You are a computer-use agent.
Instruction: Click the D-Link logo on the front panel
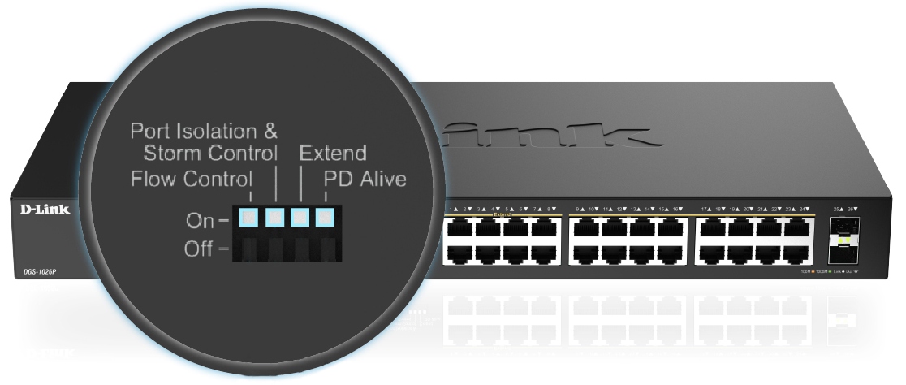(45, 210)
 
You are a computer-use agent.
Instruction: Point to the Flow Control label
(192, 179)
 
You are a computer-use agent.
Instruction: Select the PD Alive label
(365, 179)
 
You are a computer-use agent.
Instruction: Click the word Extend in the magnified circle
(333, 153)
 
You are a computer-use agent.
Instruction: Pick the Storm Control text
(210, 153)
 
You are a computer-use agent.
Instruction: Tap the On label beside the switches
(200, 219)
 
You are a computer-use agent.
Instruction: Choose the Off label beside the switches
(199, 249)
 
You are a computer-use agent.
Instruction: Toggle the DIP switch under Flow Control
(248, 218)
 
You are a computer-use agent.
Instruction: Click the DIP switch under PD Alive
(326, 218)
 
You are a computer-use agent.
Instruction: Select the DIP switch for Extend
(300, 218)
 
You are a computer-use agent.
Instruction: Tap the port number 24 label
(802, 210)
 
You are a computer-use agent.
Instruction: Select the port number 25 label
(836, 210)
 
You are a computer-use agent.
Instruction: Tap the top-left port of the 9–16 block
(585, 230)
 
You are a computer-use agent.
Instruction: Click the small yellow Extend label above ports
(503, 214)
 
